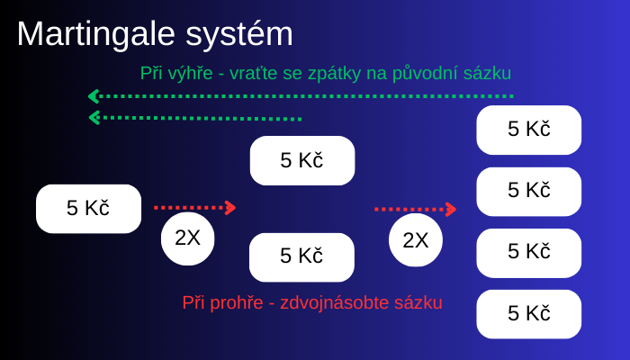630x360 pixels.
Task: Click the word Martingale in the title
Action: coord(96,35)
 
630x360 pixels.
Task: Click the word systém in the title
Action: coord(239,35)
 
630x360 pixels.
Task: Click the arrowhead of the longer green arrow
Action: coord(94,96)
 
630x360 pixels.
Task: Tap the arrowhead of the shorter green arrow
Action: coord(94,118)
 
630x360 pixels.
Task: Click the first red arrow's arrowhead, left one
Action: coord(230,208)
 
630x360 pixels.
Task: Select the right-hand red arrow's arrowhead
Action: coord(451,210)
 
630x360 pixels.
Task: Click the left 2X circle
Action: coord(187,238)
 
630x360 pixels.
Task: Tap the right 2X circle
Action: coord(416,240)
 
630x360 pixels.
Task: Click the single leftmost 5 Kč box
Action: coord(88,209)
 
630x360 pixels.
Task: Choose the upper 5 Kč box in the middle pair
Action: coord(302,161)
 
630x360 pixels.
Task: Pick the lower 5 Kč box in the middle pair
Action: coord(301,257)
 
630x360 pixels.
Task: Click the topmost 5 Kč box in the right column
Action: coord(529,130)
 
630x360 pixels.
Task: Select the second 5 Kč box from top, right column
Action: coord(529,192)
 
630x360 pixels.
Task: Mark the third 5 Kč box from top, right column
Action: coord(529,253)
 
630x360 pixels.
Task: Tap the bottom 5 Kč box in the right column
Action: coord(529,314)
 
